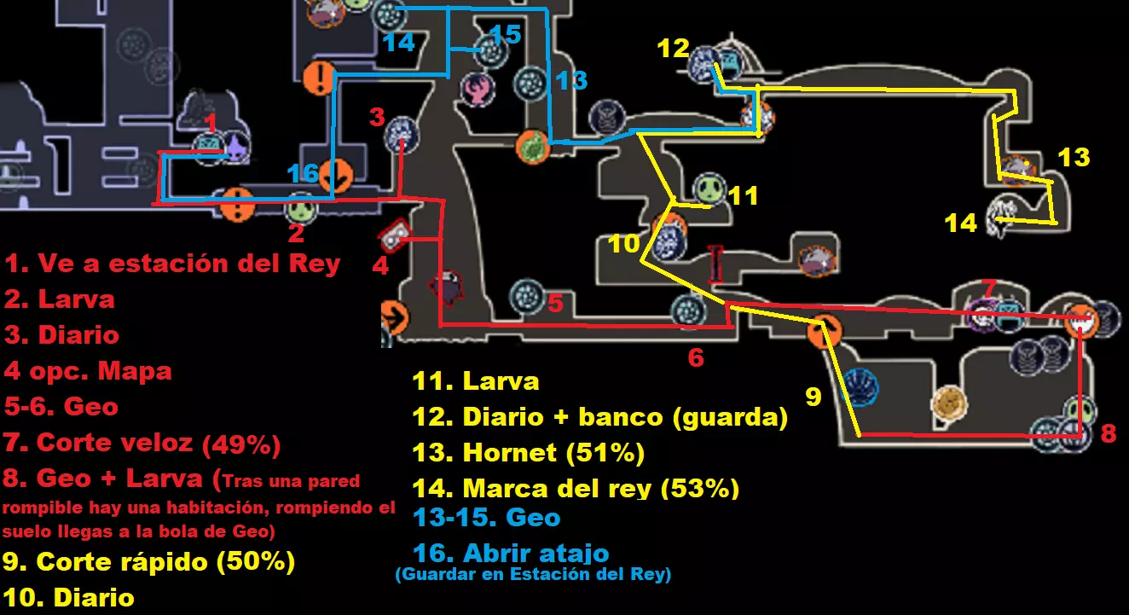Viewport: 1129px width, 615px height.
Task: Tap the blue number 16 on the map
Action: [x=303, y=174]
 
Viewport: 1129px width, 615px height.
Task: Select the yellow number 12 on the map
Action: [x=673, y=49]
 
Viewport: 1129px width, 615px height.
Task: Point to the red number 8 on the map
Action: [x=1108, y=433]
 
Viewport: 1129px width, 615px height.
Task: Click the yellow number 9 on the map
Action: [x=813, y=397]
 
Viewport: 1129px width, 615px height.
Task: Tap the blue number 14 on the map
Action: [x=398, y=43]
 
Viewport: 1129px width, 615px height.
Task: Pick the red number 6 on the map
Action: [x=696, y=358]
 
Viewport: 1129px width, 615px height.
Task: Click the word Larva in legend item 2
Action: [x=76, y=299]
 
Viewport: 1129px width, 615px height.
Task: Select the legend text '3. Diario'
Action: [x=61, y=334]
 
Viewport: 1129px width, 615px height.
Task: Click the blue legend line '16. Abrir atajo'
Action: [x=510, y=553]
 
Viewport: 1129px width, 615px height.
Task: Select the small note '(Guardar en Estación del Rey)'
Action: [x=533, y=575]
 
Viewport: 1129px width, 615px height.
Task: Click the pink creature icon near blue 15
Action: [x=477, y=89]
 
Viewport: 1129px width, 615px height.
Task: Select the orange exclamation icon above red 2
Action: [x=237, y=205]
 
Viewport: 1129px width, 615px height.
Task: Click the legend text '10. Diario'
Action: [x=69, y=597]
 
